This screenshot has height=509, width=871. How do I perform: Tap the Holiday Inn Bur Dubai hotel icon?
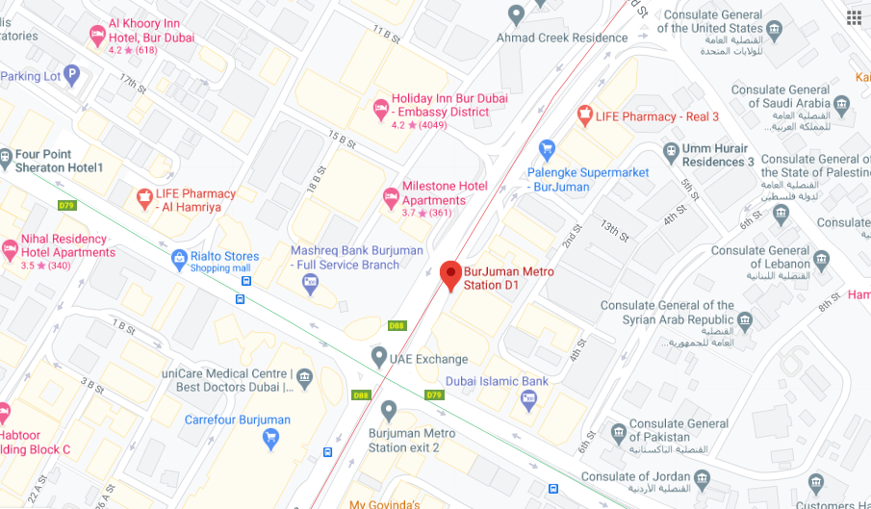point(380,106)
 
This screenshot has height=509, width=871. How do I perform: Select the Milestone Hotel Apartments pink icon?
point(391,198)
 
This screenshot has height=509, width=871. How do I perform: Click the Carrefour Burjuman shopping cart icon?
point(271,439)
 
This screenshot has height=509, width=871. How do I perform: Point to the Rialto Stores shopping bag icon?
point(179,258)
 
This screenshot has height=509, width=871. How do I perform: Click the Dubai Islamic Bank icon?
point(528,398)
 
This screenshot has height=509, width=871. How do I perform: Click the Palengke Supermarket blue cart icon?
point(547,150)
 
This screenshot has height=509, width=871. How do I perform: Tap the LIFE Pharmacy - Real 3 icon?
point(583,116)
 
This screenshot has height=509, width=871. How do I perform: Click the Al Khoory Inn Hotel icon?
point(97,35)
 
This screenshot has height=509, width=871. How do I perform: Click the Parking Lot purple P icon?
point(72,76)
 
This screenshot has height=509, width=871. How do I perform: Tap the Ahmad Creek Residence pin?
point(517,15)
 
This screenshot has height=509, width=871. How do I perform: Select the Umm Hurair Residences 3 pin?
point(671,151)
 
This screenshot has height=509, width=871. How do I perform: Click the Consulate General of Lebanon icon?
point(821,260)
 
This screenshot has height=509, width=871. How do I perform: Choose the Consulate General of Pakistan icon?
point(618,432)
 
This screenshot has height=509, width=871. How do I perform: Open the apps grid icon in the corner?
point(854,17)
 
